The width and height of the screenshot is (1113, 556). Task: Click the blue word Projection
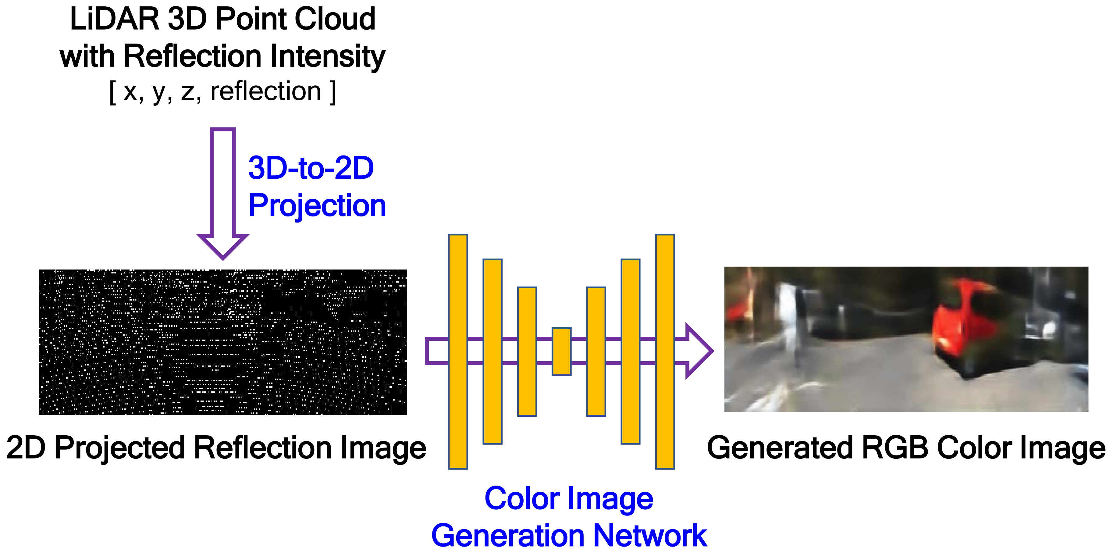pos(317,206)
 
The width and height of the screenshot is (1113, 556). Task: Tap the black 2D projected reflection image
pos(222,342)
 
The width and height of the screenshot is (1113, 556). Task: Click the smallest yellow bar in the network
pos(561,351)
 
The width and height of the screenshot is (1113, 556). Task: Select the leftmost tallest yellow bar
pos(457,351)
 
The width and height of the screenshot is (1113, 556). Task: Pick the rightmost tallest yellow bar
pos(664,351)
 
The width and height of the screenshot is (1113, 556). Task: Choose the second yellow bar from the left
pos(492,351)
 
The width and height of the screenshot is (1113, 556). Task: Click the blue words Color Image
pos(569,499)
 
